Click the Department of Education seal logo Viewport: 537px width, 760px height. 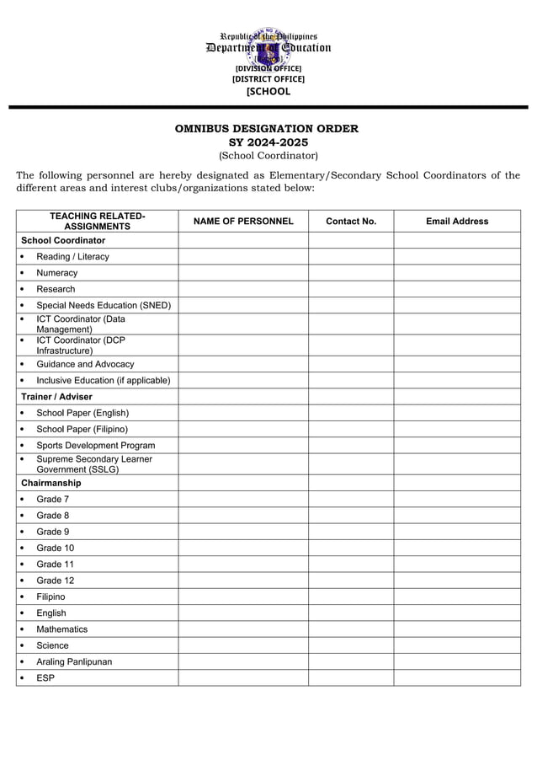(x=268, y=47)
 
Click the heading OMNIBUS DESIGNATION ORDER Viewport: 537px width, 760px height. (x=267, y=129)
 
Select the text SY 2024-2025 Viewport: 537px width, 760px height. (x=268, y=142)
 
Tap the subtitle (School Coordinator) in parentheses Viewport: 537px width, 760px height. (x=268, y=156)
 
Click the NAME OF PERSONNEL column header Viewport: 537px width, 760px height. (x=243, y=222)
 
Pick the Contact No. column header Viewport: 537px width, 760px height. (x=351, y=222)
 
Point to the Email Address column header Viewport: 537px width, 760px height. (x=457, y=222)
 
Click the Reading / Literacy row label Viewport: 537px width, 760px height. (x=72, y=257)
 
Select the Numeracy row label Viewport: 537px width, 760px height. (x=56, y=273)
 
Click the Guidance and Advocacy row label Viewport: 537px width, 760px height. (x=85, y=364)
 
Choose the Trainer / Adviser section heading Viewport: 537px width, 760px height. (x=56, y=397)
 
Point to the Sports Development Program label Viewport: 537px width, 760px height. (x=95, y=445)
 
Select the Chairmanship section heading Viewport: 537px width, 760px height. (x=51, y=484)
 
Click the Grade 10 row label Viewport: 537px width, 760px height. (x=55, y=549)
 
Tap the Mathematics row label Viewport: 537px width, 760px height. (x=61, y=629)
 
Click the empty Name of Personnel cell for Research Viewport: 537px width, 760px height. (x=243, y=289)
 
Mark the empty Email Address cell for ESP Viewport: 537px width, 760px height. (x=457, y=677)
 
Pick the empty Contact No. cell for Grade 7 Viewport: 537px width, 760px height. (x=351, y=500)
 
